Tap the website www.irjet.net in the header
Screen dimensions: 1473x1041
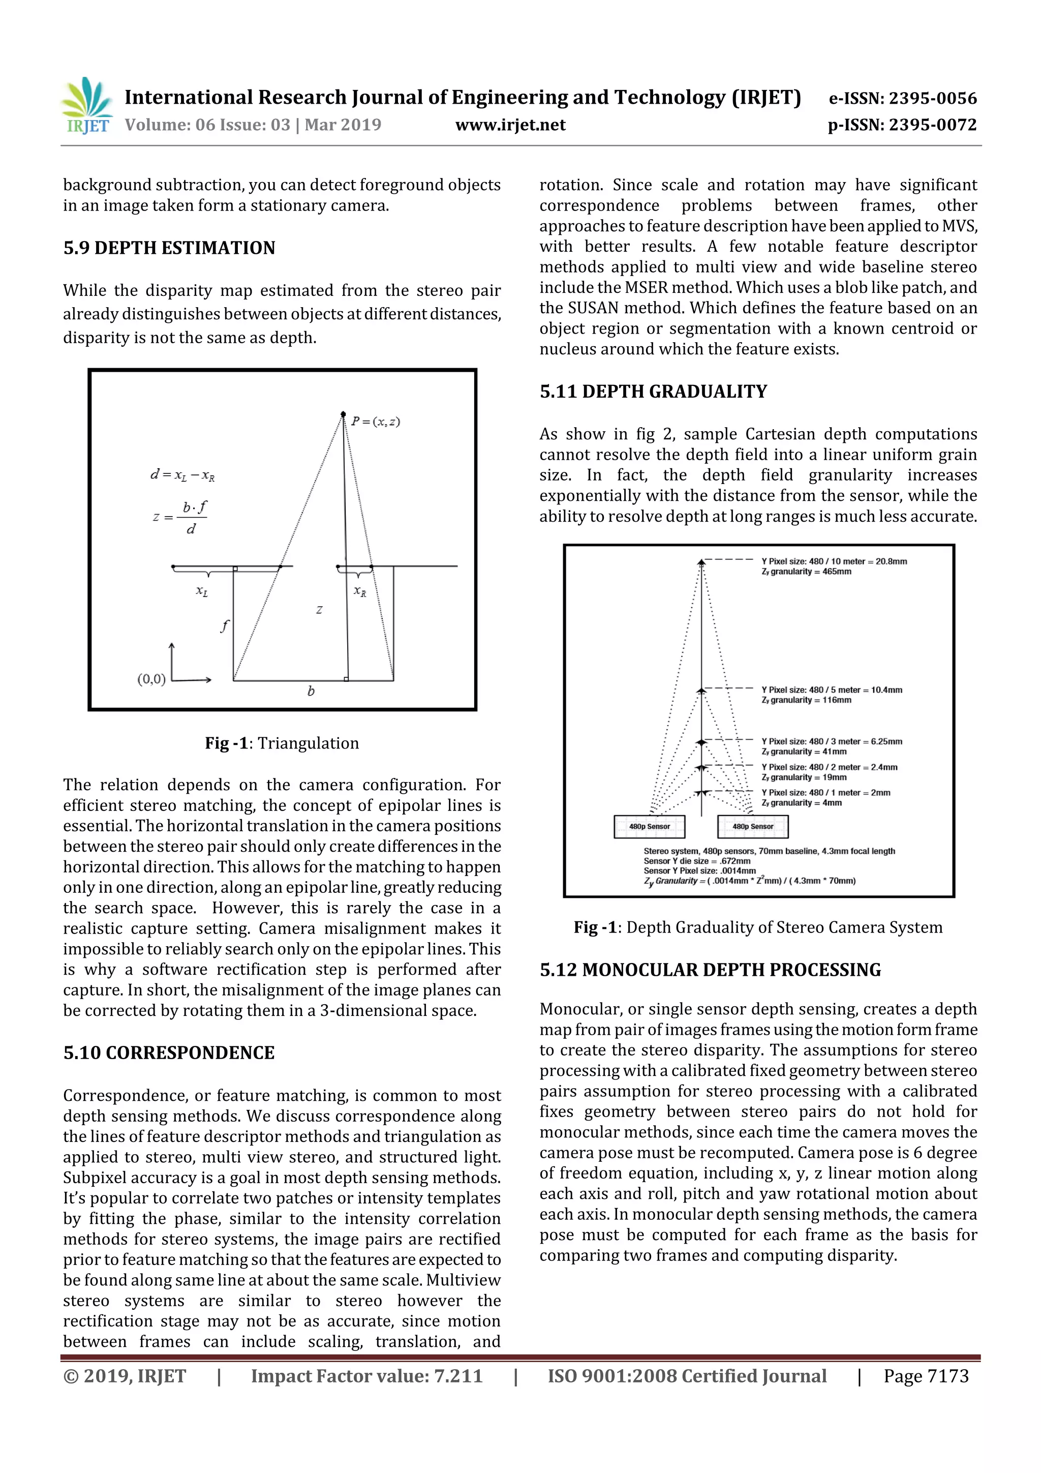[510, 125]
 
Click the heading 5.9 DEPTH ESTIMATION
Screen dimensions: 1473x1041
[169, 248]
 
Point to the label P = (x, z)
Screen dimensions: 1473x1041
[375, 422]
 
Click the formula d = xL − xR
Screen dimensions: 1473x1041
[182, 475]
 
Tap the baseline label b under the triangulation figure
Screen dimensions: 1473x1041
[311, 691]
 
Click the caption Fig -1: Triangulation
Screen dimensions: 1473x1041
[282, 743]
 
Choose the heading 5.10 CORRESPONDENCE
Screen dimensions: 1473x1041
[169, 1053]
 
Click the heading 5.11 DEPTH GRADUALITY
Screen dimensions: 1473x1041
[653, 392]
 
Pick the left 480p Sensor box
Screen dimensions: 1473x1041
[649, 826]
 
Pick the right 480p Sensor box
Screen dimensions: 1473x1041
[752, 826]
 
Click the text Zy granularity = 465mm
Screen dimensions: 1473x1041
[806, 572]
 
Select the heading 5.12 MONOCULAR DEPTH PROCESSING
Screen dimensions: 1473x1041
[710, 970]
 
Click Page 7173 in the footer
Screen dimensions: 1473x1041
[926, 1375]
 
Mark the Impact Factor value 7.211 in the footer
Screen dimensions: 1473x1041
[366, 1375]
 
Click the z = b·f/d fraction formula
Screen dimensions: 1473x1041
[181, 517]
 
